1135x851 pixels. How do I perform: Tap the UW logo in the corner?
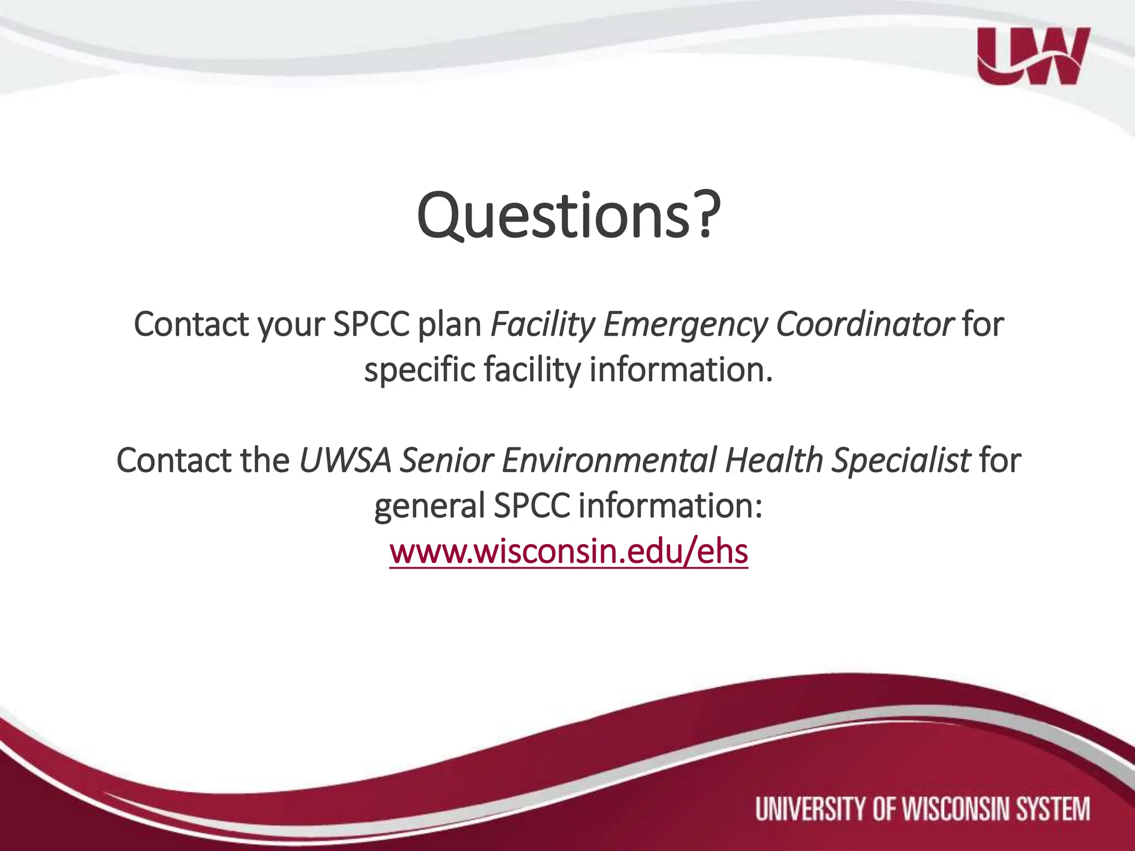point(1034,56)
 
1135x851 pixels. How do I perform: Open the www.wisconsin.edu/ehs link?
point(569,552)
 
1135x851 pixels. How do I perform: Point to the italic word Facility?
point(542,324)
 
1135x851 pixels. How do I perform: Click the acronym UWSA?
point(345,460)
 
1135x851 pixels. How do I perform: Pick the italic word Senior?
point(447,460)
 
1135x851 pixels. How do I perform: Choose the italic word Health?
point(774,460)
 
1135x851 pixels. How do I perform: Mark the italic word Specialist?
point(901,460)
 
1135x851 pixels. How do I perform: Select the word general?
point(430,506)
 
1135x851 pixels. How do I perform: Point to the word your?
point(291,324)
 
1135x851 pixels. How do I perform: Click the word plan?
point(449,324)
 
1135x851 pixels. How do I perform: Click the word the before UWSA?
point(265,460)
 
